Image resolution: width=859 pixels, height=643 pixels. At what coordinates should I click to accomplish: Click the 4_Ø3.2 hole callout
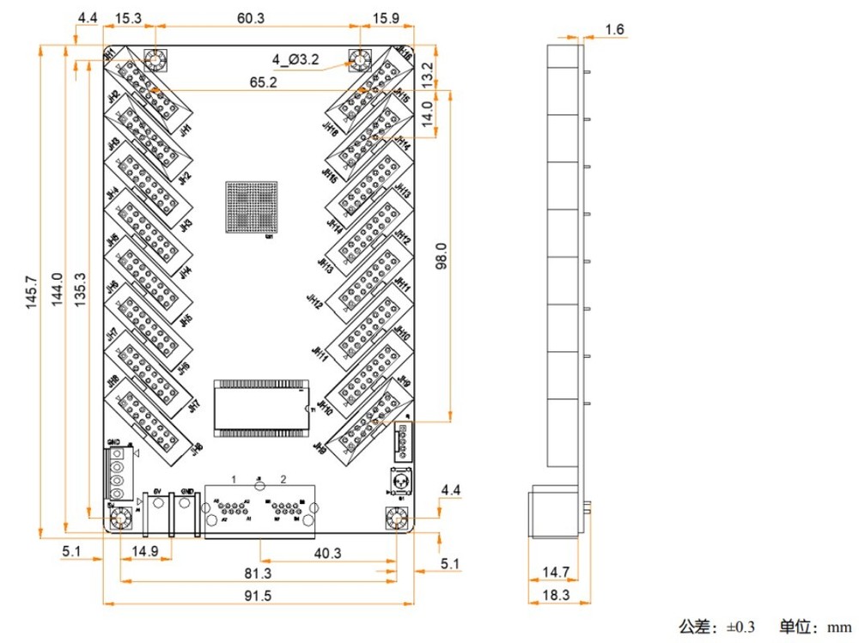click(x=295, y=59)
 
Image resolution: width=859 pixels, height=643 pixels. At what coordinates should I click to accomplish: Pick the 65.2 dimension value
click(x=263, y=82)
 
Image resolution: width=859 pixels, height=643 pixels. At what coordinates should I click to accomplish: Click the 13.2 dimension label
click(x=427, y=74)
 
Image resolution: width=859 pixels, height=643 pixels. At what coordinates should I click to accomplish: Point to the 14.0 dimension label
click(x=427, y=111)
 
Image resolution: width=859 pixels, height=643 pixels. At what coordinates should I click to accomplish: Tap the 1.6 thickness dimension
click(x=614, y=30)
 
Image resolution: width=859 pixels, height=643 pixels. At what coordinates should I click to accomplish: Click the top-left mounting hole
click(x=155, y=62)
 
